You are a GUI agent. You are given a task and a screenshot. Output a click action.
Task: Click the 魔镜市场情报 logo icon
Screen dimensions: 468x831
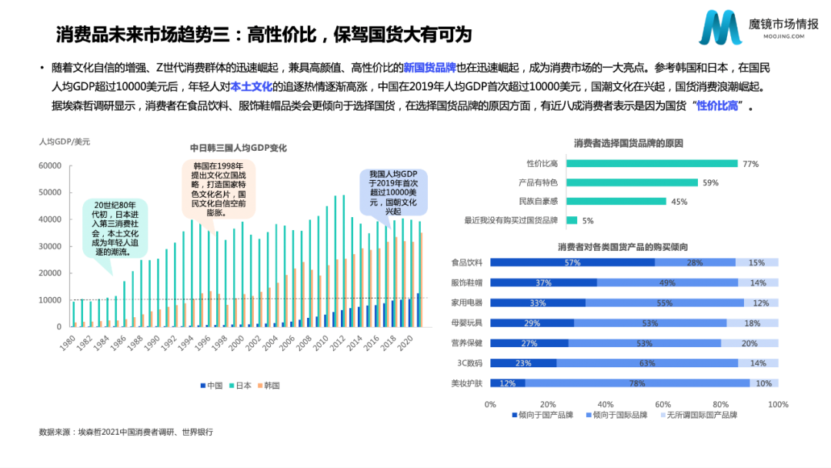(720, 28)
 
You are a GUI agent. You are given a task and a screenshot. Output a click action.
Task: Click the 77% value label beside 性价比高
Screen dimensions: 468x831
(751, 163)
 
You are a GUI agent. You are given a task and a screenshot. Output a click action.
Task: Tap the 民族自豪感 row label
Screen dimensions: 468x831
(538, 202)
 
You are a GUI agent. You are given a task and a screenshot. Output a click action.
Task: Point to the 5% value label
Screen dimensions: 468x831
(588, 221)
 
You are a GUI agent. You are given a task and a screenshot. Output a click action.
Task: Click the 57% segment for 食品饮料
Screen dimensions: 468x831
(572, 262)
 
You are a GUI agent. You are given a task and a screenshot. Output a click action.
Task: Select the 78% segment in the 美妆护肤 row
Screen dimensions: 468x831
(636, 383)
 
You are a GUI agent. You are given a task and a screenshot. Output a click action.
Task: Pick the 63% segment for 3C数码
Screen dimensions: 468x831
(647, 363)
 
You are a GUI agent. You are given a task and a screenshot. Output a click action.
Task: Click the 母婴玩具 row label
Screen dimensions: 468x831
(466, 323)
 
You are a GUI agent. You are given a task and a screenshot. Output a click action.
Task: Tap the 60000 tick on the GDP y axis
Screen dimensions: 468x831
(50, 165)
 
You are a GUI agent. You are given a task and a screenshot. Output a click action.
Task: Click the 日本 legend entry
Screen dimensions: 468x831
(242, 385)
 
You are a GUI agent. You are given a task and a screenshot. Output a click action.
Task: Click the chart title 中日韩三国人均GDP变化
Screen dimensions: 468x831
(239, 148)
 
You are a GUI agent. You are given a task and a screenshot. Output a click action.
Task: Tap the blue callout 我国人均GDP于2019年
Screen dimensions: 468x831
(392, 192)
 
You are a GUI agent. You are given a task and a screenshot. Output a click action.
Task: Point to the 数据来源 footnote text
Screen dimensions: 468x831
(125, 432)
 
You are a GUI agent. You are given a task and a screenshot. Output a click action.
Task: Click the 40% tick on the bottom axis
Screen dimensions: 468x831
(606, 404)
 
